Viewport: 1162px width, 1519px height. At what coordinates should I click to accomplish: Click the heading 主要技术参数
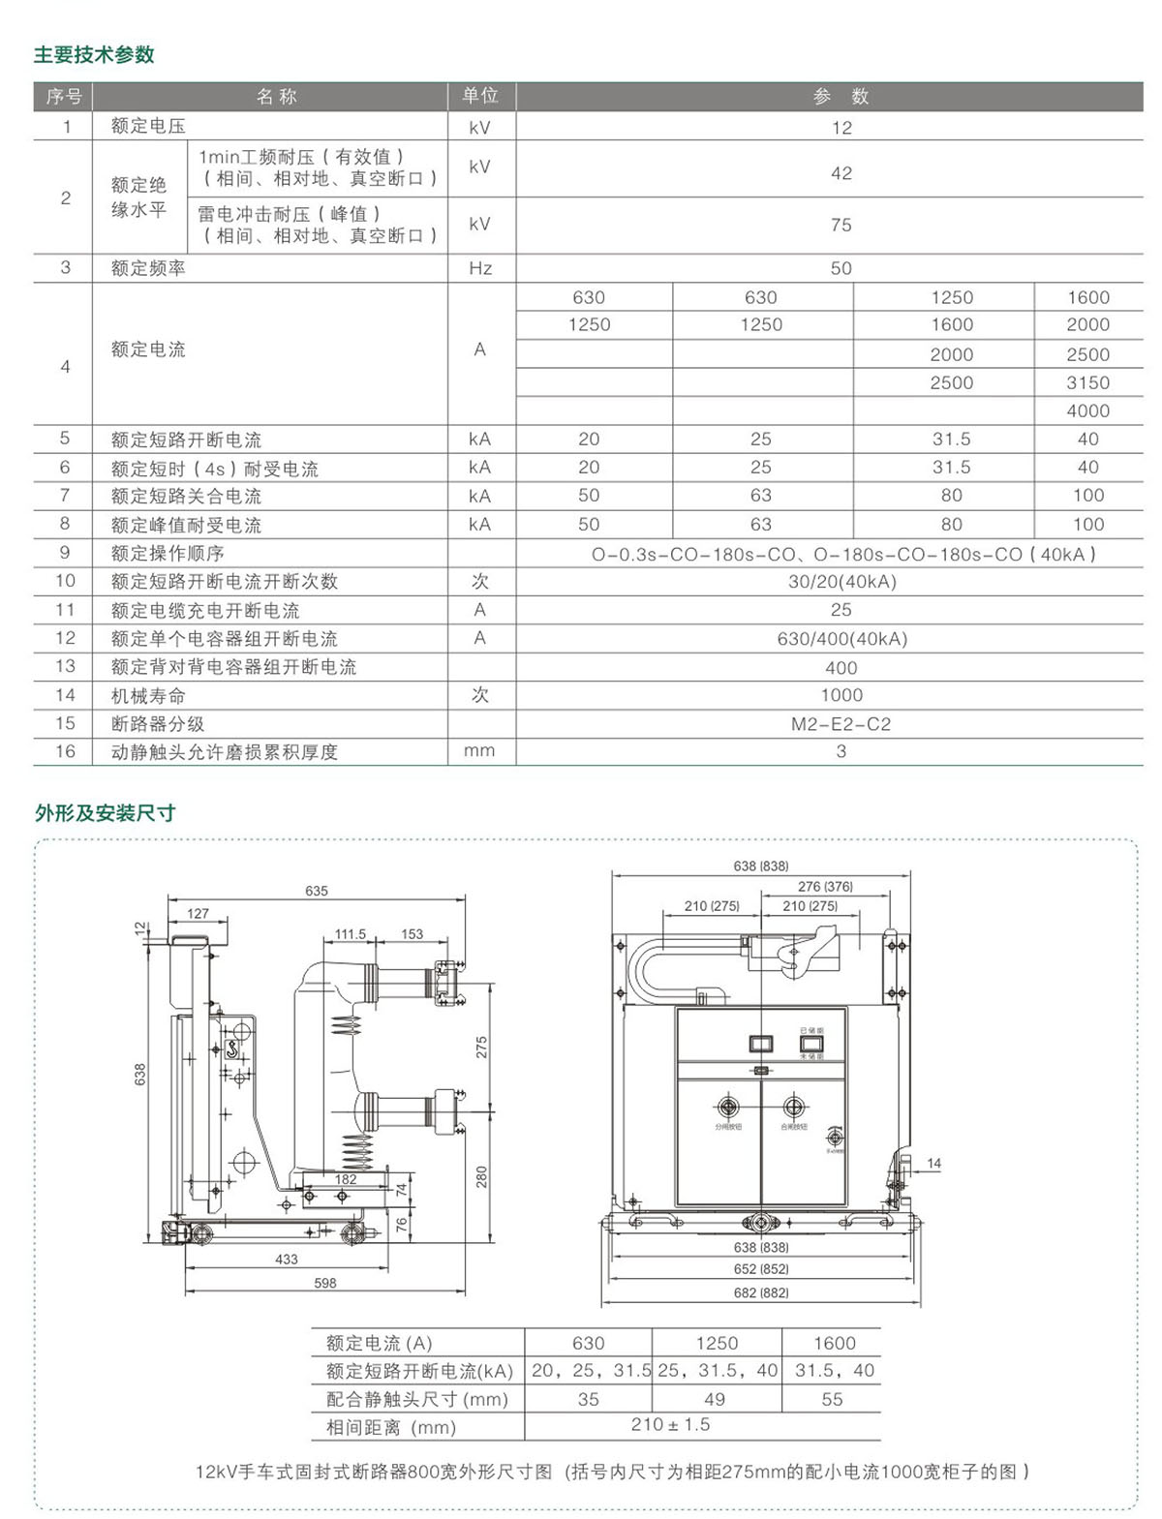(94, 55)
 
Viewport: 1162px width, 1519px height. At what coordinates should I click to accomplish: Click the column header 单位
(480, 96)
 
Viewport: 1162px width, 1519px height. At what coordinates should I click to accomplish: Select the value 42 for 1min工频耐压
(841, 173)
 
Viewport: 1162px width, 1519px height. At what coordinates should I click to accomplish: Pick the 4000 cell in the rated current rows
(1087, 411)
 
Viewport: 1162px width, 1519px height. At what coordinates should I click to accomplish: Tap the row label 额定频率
(148, 268)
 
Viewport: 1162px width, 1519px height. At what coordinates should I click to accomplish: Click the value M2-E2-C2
(841, 723)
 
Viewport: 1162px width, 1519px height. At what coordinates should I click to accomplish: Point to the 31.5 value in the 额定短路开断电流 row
(951, 440)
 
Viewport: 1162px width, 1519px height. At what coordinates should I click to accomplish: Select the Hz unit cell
(480, 268)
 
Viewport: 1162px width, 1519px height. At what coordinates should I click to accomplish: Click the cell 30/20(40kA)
(841, 582)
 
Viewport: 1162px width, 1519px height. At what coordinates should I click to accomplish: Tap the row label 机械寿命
(148, 695)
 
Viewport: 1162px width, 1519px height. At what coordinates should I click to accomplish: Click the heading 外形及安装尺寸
(106, 813)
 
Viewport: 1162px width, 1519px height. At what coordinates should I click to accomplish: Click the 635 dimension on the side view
(317, 891)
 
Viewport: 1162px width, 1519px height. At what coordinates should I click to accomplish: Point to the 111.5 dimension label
(351, 934)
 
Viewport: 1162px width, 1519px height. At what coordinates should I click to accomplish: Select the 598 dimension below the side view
(325, 1283)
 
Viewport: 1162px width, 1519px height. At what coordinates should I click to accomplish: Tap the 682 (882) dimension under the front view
(760, 1292)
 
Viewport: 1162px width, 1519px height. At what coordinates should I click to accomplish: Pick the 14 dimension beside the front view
(933, 1163)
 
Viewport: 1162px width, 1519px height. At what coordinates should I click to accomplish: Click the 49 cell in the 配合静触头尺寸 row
(715, 1399)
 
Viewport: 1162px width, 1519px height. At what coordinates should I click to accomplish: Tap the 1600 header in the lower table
(834, 1343)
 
